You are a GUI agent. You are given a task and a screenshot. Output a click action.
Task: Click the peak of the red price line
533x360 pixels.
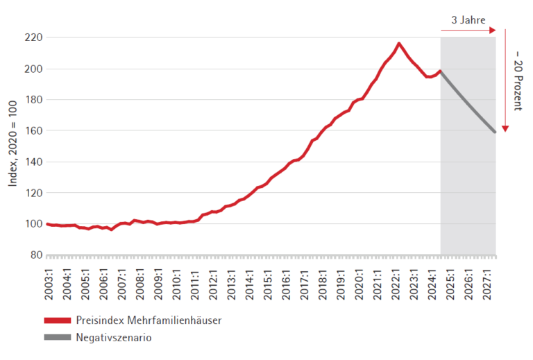399,43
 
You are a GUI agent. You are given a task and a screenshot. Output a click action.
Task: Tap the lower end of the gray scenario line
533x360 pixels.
495,132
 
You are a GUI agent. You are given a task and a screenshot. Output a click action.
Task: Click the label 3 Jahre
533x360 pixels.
468,20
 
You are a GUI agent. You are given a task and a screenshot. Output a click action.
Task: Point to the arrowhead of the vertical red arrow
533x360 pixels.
507,128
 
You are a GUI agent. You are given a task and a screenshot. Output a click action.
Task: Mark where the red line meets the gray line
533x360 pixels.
441,71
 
